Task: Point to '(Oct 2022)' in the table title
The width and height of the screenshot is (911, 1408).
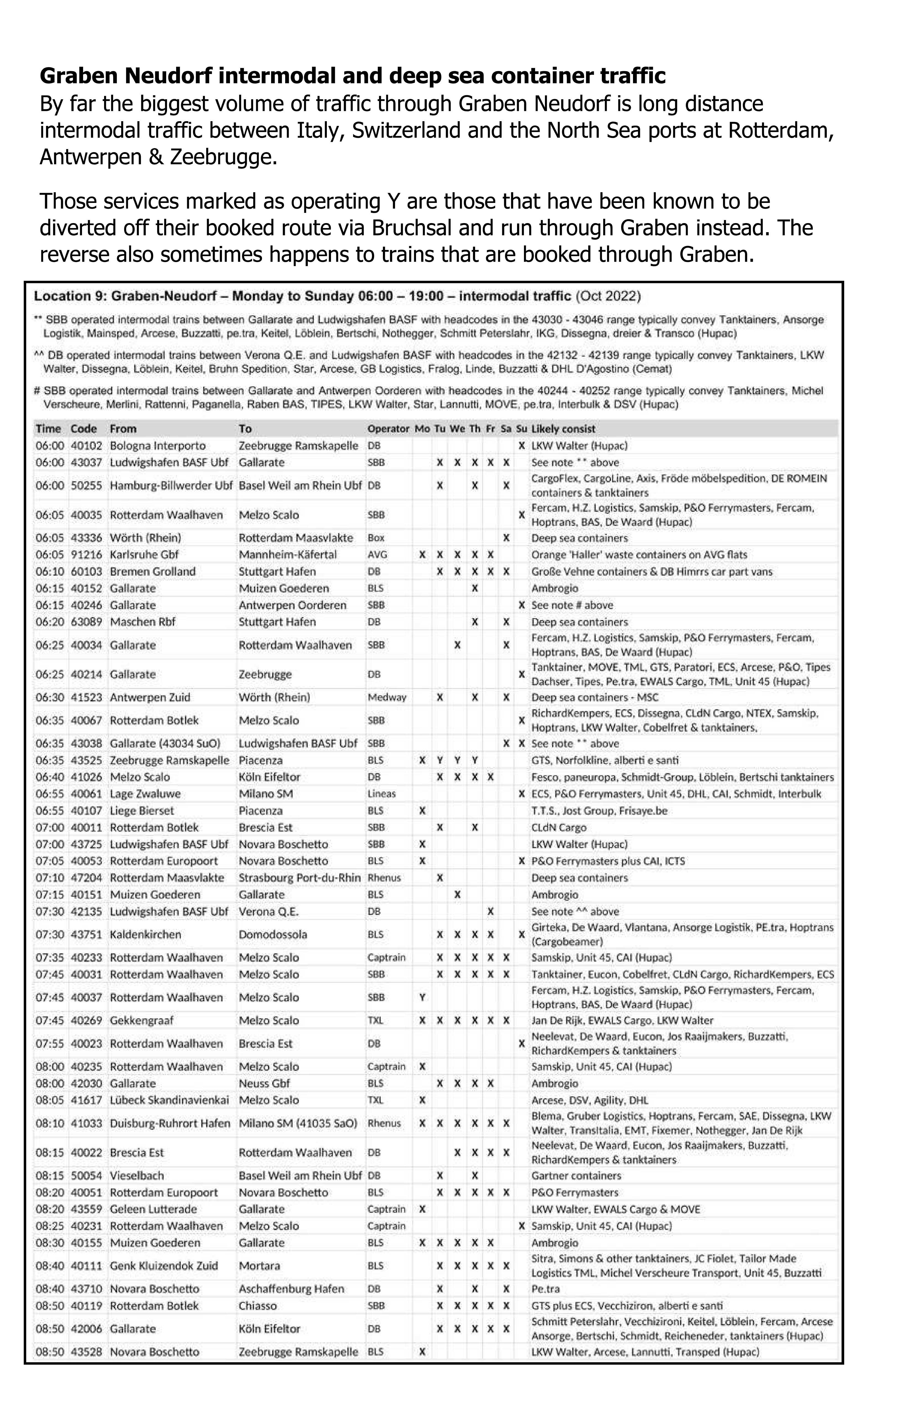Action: tap(608, 296)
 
